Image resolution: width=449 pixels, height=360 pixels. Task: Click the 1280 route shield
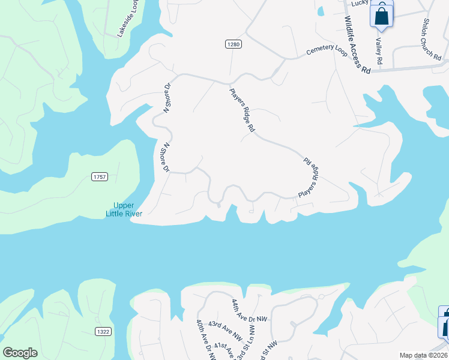click(234, 44)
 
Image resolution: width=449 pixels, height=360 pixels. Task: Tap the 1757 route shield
click(100, 176)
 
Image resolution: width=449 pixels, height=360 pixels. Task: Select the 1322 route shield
click(103, 331)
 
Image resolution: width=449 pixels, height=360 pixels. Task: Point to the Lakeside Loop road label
click(128, 19)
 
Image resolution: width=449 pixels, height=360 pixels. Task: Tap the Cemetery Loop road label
click(327, 50)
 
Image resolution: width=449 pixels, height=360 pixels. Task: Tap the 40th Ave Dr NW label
click(205, 340)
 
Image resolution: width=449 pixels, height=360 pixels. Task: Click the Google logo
click(20, 353)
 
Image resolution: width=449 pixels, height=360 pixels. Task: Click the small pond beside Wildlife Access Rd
click(321, 11)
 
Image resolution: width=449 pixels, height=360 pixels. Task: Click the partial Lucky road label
click(360, 3)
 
